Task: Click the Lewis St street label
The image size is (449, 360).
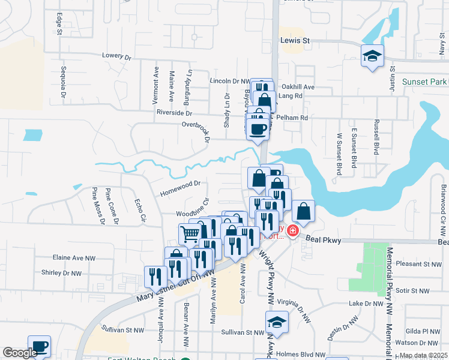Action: click(295, 41)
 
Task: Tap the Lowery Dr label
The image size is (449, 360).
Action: click(116, 56)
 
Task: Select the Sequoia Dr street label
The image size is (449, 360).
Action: click(62, 82)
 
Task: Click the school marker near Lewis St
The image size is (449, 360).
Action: click(372, 57)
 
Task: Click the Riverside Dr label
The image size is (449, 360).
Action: click(173, 113)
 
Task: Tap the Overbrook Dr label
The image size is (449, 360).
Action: click(195, 125)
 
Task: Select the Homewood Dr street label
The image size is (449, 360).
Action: click(179, 192)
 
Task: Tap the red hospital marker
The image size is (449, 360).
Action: click(293, 230)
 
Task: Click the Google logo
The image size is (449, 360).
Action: click(20, 353)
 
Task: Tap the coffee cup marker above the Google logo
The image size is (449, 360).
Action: click(39, 346)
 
